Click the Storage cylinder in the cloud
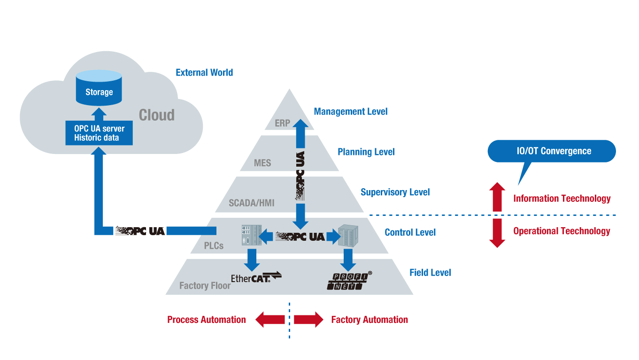99,88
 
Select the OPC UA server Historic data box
99,133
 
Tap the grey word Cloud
156,115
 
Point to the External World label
204,73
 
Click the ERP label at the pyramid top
283,123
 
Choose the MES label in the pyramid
262,163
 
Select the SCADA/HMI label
251,203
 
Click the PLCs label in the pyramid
214,245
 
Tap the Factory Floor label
205,285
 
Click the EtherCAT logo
256,277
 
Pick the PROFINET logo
349,280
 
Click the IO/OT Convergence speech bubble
551,151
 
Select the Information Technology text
562,199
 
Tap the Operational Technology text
562,231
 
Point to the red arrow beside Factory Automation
309,320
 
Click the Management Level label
350,112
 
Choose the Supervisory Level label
395,192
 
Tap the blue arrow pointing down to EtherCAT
252,258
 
